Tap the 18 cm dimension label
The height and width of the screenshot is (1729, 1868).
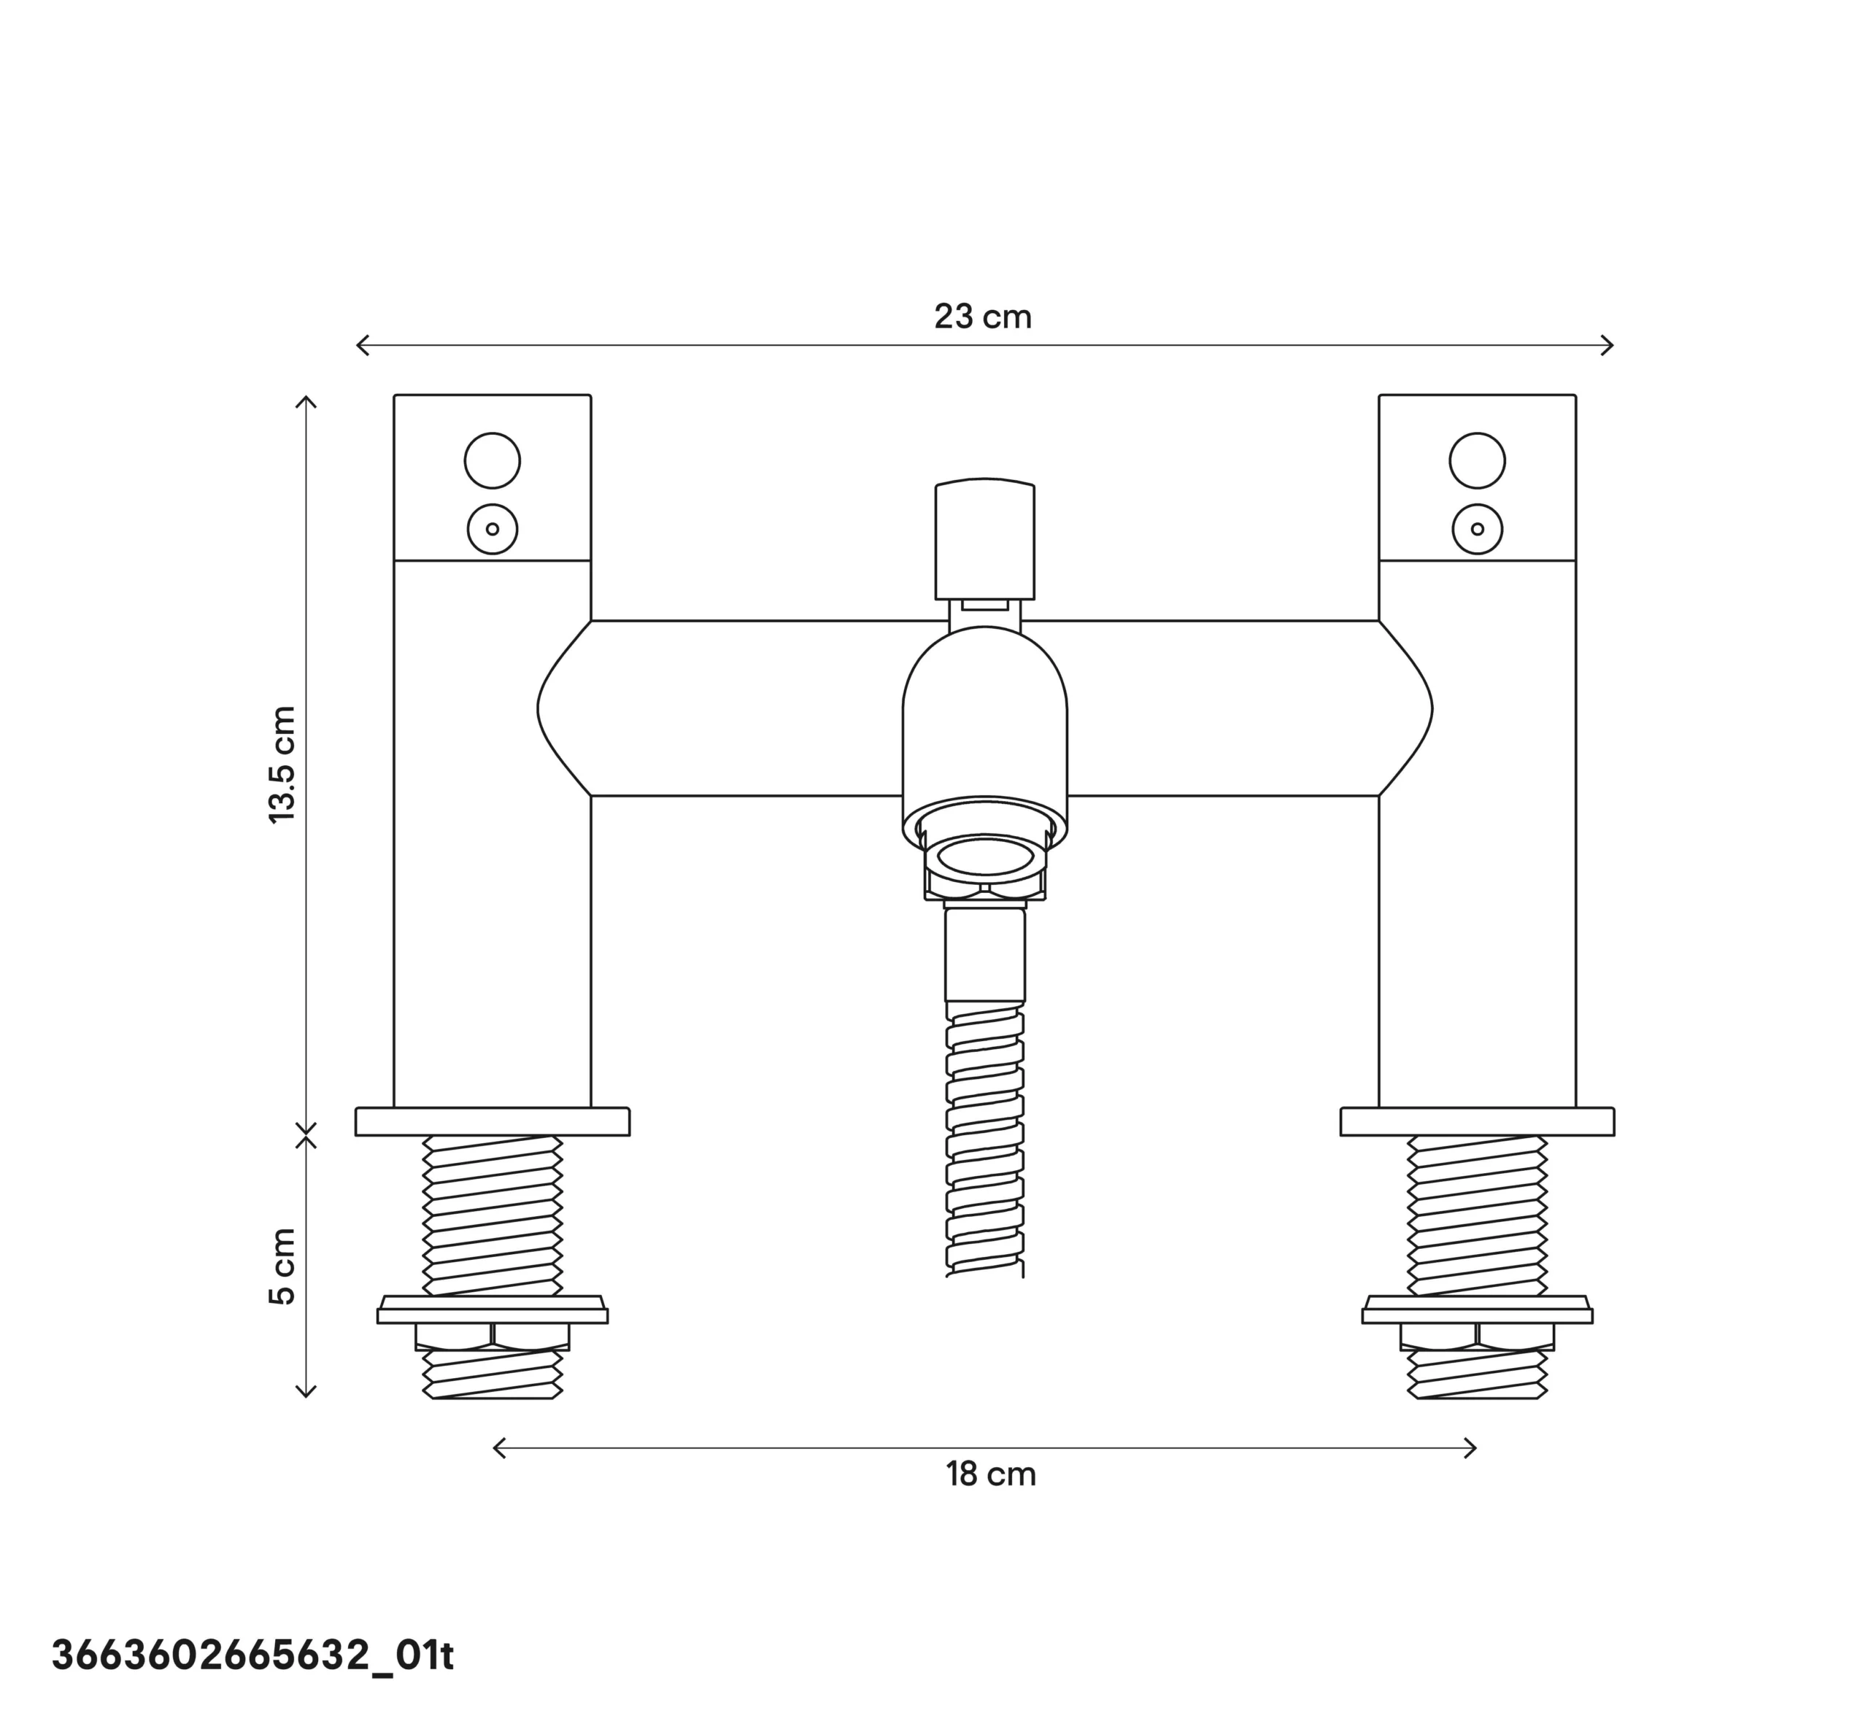990,1474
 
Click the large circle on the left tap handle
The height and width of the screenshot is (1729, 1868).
493,460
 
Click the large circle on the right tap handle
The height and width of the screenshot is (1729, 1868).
1477,460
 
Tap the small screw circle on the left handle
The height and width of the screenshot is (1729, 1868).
493,529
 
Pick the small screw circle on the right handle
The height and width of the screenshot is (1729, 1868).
1477,529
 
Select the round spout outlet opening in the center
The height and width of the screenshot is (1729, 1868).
984,856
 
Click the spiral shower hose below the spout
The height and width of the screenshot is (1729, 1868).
984,1142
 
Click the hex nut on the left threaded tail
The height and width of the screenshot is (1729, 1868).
493,1336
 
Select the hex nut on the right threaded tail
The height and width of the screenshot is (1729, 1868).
1477,1336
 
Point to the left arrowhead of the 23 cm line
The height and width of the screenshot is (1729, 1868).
360,345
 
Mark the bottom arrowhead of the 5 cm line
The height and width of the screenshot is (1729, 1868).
306,1393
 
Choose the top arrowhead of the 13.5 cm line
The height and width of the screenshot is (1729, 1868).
306,400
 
